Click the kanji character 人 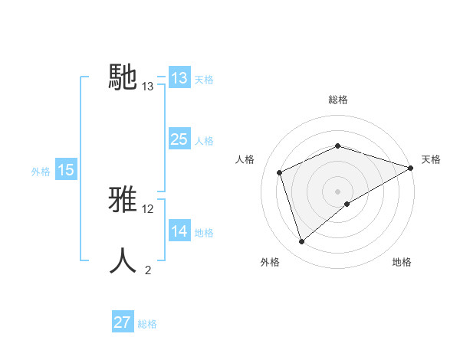click(x=124, y=260)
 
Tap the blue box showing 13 click(x=179, y=78)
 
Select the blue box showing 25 click(x=179, y=139)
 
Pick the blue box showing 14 click(x=179, y=231)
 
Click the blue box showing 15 click(x=66, y=170)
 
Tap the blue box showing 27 click(x=123, y=322)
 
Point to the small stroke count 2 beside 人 click(x=148, y=270)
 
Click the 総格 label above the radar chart click(x=338, y=100)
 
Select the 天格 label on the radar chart click(x=431, y=159)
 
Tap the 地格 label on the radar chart click(x=402, y=262)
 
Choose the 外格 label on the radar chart click(x=270, y=262)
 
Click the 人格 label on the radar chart click(x=245, y=159)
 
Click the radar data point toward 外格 click(x=302, y=242)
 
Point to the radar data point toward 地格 click(x=347, y=204)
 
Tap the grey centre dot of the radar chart click(x=338, y=191)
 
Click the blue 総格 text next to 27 click(x=147, y=324)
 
